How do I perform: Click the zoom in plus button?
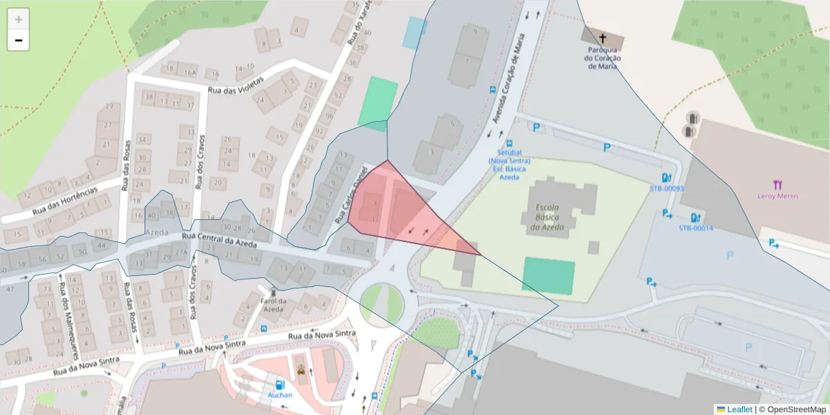click(19, 19)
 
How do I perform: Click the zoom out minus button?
click(19, 41)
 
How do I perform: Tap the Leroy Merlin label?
click(777, 196)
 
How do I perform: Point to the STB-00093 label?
click(666, 188)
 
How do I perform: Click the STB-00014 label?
click(695, 228)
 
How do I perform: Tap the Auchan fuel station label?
click(280, 395)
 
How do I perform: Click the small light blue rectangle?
click(414, 33)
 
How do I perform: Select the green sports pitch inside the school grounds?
click(548, 275)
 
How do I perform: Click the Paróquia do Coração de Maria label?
click(602, 58)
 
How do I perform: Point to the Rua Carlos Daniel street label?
click(351, 194)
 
